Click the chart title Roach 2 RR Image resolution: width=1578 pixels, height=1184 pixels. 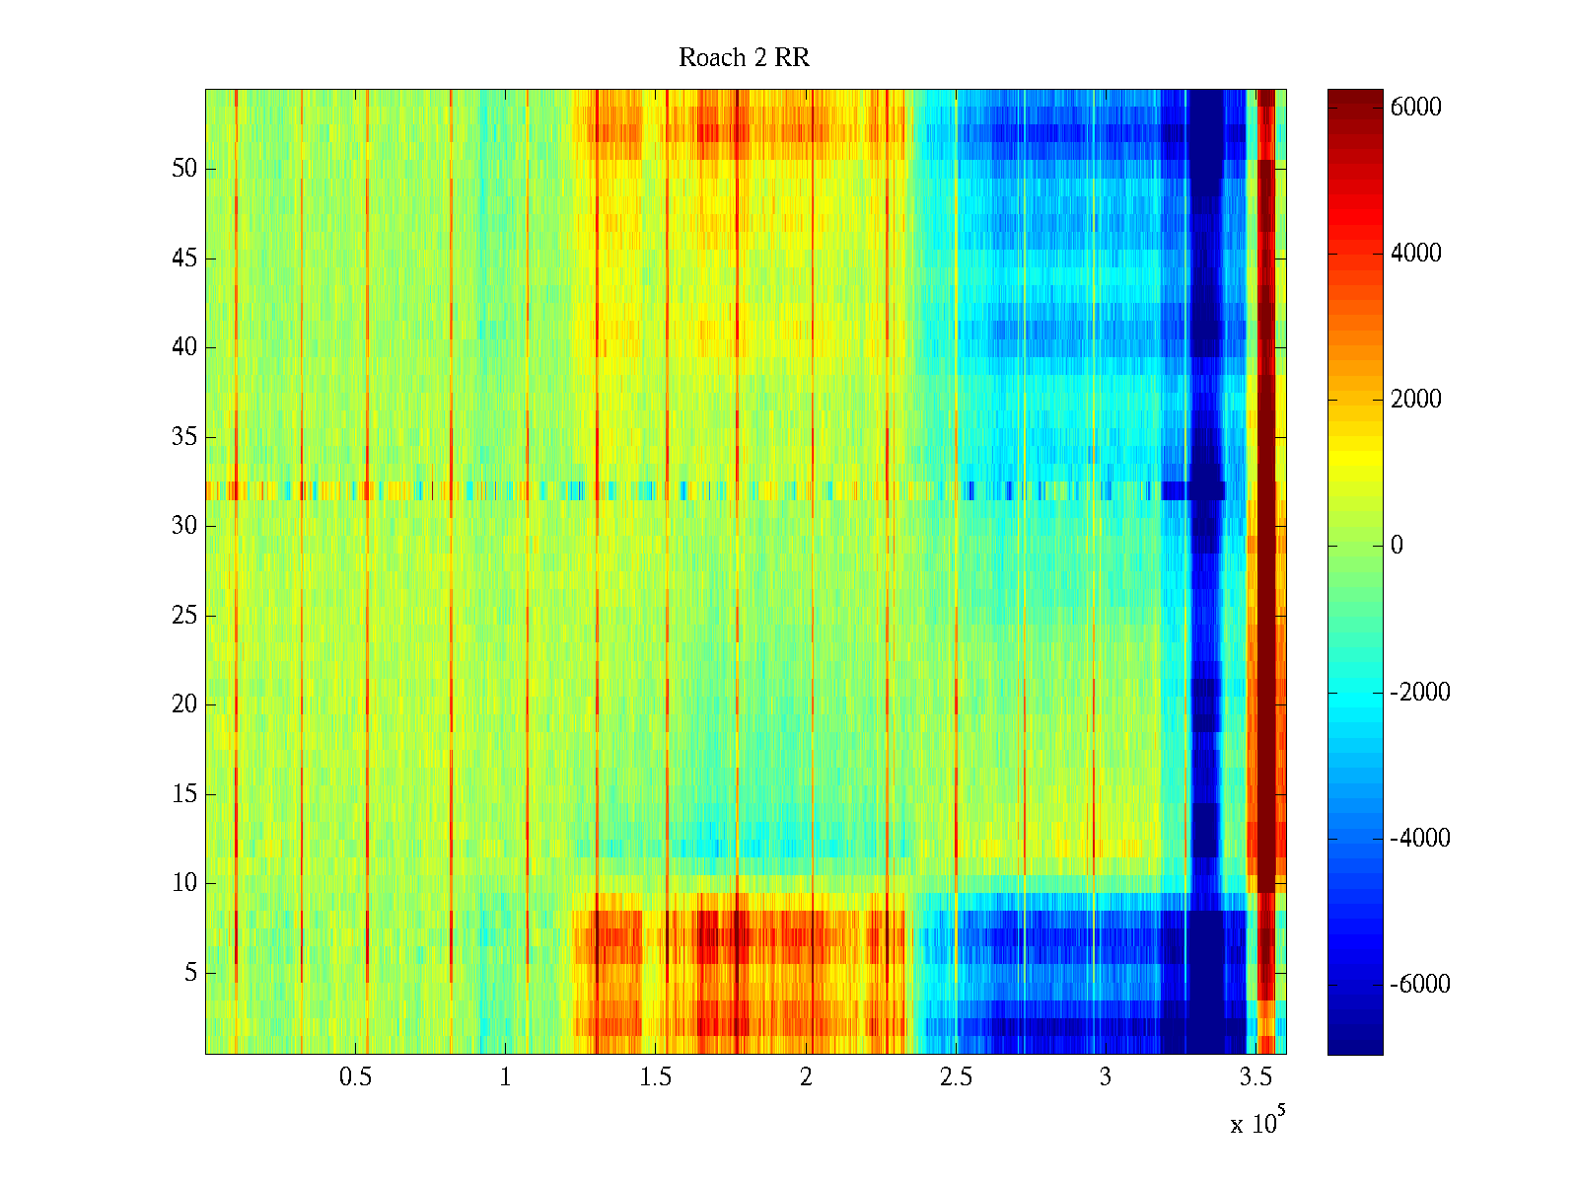744,58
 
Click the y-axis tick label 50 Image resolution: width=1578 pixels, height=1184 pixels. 184,169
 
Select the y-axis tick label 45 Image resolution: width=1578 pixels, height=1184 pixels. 184,259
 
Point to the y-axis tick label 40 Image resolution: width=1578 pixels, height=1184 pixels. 184,347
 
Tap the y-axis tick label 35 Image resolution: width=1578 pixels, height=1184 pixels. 184,437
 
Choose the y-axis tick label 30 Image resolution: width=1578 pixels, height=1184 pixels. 184,526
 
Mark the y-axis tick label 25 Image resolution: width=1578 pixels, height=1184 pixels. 184,616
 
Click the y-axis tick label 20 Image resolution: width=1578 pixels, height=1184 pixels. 184,704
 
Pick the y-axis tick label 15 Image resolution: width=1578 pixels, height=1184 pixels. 184,794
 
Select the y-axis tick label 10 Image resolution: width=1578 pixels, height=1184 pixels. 184,883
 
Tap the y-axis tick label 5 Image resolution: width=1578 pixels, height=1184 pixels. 190,973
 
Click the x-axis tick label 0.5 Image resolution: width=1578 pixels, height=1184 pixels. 355,1077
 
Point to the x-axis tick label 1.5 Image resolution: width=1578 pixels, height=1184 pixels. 656,1077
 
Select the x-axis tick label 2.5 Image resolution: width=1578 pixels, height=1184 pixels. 956,1077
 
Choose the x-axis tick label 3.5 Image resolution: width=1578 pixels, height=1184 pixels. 1255,1077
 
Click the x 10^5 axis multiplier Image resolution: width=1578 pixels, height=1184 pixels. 1257,1122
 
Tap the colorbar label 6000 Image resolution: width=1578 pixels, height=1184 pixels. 1415,108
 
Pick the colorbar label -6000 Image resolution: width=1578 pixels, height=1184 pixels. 1420,985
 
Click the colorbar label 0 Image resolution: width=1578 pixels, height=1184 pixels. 1397,546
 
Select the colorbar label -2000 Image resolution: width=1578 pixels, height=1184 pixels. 1420,692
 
